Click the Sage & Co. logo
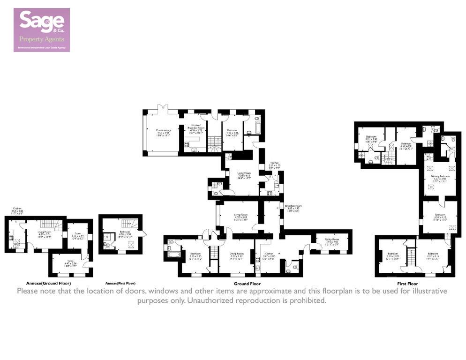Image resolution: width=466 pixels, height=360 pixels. tap(42, 30)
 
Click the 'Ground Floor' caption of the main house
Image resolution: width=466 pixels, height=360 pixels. tap(247, 284)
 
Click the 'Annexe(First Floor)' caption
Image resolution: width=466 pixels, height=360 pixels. tap(120, 284)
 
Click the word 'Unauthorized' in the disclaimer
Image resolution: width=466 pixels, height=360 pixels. tap(213, 300)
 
